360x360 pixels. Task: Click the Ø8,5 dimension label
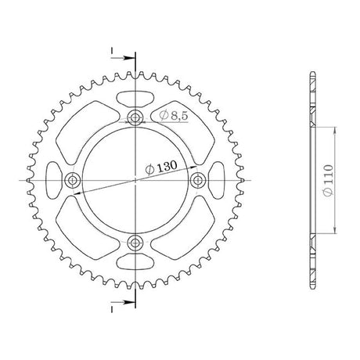point(174,115)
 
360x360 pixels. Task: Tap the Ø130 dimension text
point(161,167)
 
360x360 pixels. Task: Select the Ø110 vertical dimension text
point(328,180)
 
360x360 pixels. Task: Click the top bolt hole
point(135,118)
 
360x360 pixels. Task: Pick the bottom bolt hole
point(135,243)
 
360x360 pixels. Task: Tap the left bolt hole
point(72,180)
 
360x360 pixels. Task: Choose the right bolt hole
point(198,180)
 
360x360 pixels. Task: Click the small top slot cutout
point(135,99)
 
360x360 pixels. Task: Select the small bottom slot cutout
point(135,261)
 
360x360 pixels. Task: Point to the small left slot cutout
point(54,180)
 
